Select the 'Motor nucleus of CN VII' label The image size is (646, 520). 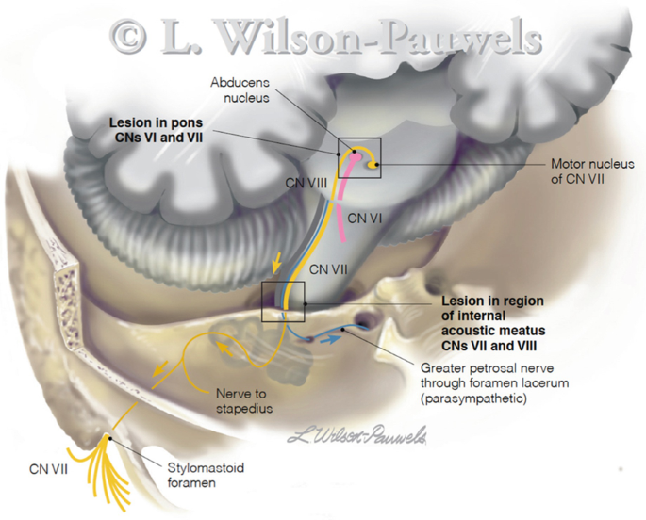[x=577, y=171]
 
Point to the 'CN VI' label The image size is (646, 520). [x=363, y=218]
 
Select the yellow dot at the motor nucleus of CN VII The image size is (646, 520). [x=373, y=166]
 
